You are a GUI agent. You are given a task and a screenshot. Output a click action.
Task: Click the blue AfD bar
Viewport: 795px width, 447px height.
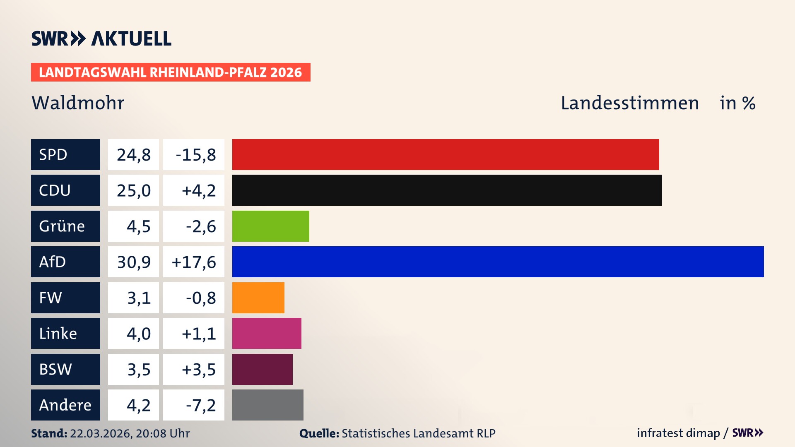pyautogui.click(x=498, y=262)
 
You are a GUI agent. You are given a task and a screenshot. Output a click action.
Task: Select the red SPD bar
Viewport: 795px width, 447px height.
pyautogui.click(x=446, y=154)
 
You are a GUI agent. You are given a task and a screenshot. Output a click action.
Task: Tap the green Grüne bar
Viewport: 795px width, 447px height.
pyautogui.click(x=270, y=226)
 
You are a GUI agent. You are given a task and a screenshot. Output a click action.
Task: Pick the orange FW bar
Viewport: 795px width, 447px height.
pyautogui.click(x=258, y=298)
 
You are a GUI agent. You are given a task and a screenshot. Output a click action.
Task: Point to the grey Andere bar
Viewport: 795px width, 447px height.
pyautogui.click(x=267, y=405)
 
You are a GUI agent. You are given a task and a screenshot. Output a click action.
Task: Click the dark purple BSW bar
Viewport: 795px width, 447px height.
pyautogui.click(x=262, y=369)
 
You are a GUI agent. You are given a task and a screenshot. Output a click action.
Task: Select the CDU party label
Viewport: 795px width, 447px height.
pyautogui.click(x=65, y=190)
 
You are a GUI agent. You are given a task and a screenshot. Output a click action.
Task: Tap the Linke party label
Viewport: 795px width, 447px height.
pyautogui.click(x=65, y=333)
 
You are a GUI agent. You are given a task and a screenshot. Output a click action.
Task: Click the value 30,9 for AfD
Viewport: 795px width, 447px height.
pyautogui.click(x=133, y=262)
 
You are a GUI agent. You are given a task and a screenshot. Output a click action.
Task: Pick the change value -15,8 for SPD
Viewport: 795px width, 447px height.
pyautogui.click(x=194, y=155)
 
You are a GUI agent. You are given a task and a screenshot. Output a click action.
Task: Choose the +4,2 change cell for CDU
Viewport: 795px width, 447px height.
pyautogui.click(x=194, y=190)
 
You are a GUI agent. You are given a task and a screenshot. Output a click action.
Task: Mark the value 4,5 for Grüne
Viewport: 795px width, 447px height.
pyautogui.click(x=133, y=226)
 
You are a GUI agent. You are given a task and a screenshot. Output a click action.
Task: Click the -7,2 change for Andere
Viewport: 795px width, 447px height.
pyautogui.click(x=194, y=405)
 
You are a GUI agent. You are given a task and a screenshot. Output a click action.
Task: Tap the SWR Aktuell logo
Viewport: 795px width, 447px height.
pyautogui.click(x=101, y=38)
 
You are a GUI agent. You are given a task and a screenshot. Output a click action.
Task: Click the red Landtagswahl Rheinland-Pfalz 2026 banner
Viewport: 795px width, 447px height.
pyautogui.click(x=171, y=72)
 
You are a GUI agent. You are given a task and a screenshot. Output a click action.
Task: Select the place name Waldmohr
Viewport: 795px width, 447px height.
pyautogui.click(x=78, y=103)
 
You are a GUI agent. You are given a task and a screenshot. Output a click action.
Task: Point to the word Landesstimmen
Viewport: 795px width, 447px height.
pyautogui.click(x=629, y=103)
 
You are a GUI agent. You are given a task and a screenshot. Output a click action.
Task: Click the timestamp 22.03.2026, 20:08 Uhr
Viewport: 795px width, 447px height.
pyautogui.click(x=130, y=433)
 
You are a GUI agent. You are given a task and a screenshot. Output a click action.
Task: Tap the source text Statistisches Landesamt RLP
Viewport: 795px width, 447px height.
pyautogui.click(x=418, y=433)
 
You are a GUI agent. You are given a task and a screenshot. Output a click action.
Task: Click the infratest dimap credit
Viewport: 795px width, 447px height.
pyautogui.click(x=678, y=433)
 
